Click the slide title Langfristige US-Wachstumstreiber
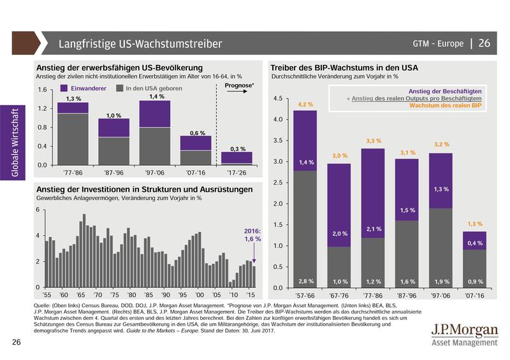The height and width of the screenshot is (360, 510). click(x=140, y=44)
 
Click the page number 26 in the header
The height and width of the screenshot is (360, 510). click(x=484, y=44)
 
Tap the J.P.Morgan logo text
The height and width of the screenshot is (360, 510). click(x=465, y=332)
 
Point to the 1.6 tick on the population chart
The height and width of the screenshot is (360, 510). click(x=43, y=90)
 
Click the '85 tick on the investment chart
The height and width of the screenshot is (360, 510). click(x=148, y=296)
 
